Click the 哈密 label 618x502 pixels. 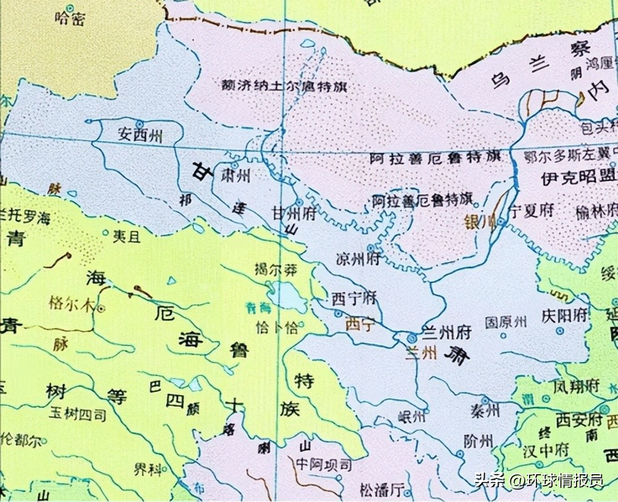tap(69, 20)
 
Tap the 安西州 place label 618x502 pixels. tap(140, 135)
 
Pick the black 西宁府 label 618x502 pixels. tap(354, 299)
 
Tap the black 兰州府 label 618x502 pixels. tap(446, 333)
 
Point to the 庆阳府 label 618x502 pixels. tap(564, 315)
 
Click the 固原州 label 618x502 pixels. tap(506, 322)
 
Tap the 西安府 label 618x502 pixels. tap(578, 420)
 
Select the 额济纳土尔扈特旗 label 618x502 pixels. tap(284, 87)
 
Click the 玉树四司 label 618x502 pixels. tap(81, 415)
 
